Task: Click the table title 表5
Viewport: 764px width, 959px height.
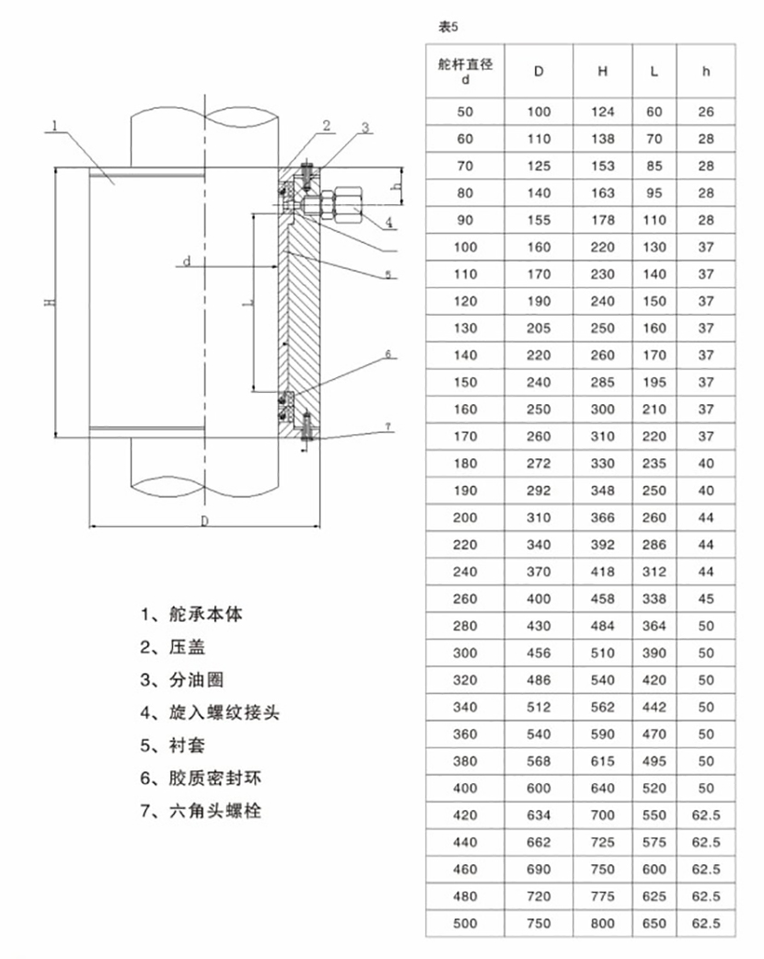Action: (x=447, y=28)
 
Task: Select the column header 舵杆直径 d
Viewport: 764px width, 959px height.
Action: (x=466, y=71)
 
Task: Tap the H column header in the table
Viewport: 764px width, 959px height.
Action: (x=602, y=71)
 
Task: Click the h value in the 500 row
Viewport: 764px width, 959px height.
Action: (x=706, y=923)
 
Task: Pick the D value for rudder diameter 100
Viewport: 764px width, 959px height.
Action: (x=539, y=247)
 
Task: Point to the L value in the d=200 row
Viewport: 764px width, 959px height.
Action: (x=654, y=517)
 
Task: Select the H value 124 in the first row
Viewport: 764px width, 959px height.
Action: (x=602, y=111)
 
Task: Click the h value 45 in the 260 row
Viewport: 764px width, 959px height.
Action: (x=706, y=598)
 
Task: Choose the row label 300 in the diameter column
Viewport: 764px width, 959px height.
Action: (x=466, y=653)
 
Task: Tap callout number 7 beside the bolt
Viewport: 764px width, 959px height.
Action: (x=388, y=426)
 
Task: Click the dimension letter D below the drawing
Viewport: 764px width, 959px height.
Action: (x=204, y=521)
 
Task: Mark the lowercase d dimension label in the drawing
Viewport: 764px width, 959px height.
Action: (x=186, y=261)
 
